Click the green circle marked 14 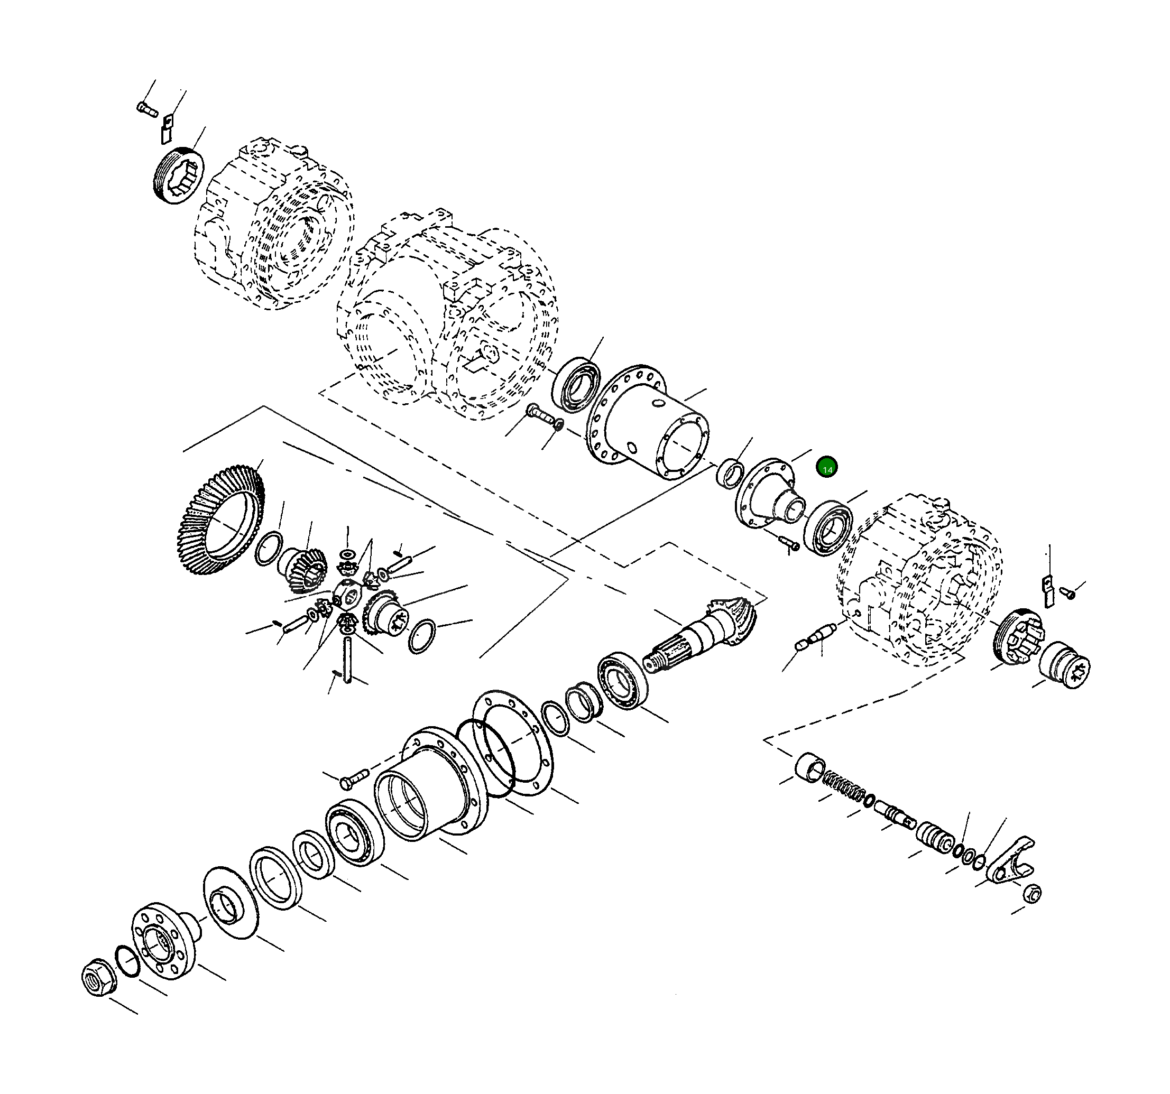(827, 467)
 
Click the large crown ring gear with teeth (219, 520)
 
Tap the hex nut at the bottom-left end (99, 977)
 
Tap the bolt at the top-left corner (147, 109)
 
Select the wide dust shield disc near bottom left (231, 902)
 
